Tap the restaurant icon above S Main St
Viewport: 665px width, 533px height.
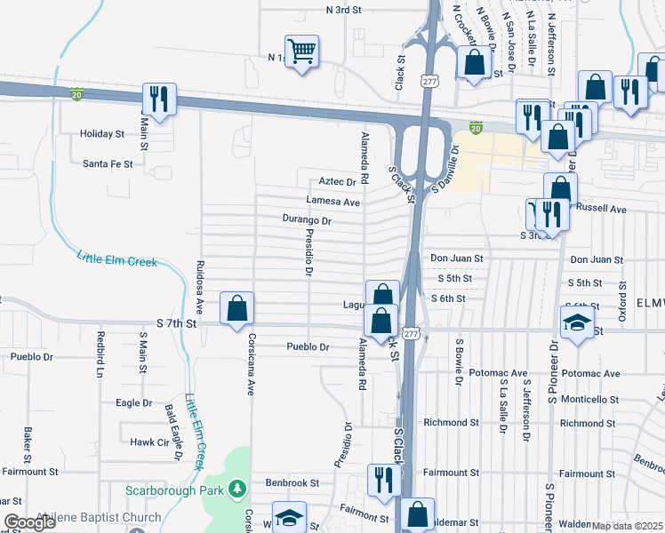coord(160,99)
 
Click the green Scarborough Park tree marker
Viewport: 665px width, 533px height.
coord(236,489)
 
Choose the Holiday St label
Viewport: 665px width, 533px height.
coord(102,134)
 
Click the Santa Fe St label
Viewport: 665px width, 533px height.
coord(108,163)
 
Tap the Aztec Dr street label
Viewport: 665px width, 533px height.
coord(337,181)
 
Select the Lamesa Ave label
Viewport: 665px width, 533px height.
coord(332,202)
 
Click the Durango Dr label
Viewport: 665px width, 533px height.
coord(307,219)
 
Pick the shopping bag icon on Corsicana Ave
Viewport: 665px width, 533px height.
coord(237,309)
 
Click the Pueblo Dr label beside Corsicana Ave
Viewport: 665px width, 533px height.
coord(308,346)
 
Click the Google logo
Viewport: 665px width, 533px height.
coord(30,522)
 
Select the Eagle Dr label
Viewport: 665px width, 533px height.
coord(134,402)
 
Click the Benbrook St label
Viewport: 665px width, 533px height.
coord(292,483)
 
